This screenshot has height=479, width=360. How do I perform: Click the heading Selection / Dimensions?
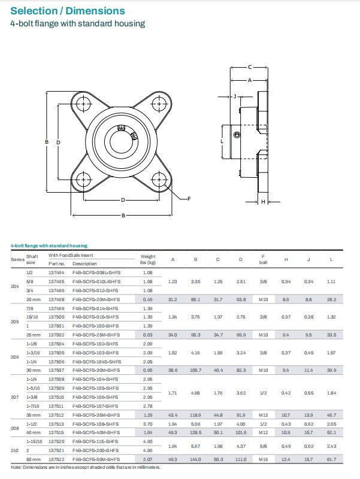(x=68, y=11)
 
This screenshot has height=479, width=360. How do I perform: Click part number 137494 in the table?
(x=56, y=272)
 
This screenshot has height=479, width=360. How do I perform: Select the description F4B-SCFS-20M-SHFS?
(x=96, y=299)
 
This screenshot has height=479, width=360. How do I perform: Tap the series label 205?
(x=16, y=321)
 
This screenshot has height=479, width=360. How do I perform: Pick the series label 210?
(x=16, y=450)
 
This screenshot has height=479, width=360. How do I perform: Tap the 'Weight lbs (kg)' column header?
(x=148, y=259)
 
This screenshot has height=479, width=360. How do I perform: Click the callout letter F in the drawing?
(x=189, y=198)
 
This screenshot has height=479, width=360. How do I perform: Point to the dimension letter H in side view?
(x=263, y=202)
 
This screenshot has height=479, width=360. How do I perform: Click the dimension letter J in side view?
(x=235, y=96)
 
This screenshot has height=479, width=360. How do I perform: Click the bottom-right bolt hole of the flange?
(x=158, y=178)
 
